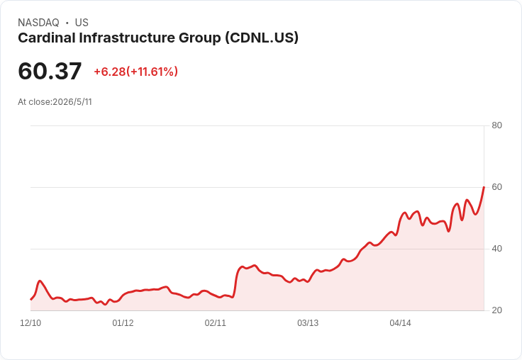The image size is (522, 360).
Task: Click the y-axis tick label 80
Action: (496, 125)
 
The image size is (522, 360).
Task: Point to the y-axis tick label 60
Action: (496, 187)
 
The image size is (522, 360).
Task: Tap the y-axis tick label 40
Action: (496, 249)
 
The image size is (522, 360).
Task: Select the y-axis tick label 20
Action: (496, 310)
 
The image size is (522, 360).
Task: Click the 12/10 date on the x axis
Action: (30, 323)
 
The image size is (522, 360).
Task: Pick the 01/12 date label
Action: (123, 323)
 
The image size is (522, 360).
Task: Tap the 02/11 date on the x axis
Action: (216, 323)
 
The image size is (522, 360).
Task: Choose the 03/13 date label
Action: (308, 323)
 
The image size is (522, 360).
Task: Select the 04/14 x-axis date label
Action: (400, 323)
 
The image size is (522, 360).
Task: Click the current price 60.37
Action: (50, 71)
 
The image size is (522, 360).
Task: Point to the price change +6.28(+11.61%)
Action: (136, 72)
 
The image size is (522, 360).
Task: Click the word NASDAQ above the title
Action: (38, 23)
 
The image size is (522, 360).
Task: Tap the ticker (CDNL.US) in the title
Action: (262, 38)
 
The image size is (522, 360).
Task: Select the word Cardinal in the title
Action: (47, 38)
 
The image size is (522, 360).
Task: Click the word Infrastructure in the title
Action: (127, 38)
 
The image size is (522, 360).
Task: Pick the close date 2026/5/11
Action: (72, 102)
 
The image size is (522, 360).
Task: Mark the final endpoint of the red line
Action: (484, 187)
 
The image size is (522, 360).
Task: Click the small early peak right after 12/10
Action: (40, 281)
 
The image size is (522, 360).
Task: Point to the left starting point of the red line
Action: (31, 300)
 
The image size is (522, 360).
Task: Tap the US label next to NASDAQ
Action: (82, 23)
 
